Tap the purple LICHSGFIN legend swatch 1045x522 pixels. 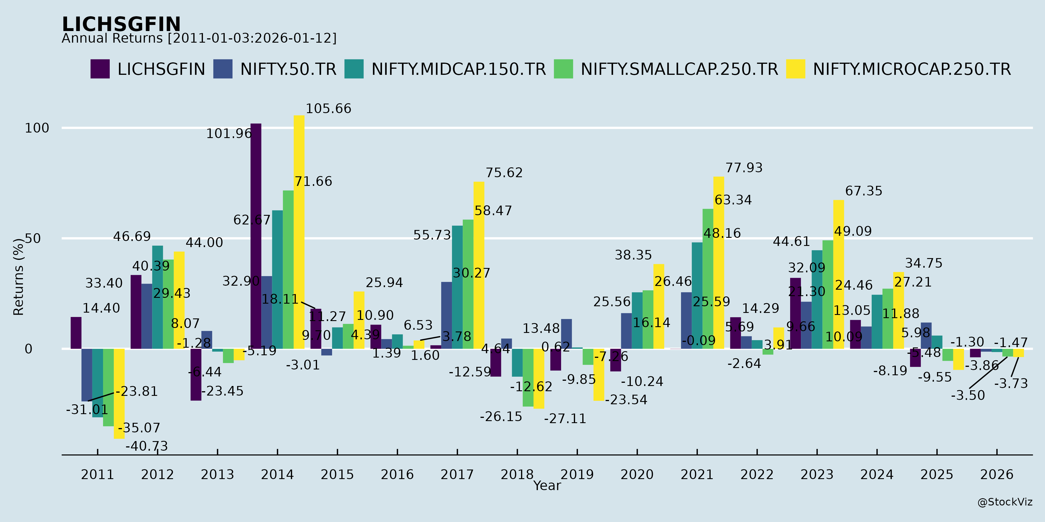point(100,69)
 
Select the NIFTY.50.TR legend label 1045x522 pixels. point(288,69)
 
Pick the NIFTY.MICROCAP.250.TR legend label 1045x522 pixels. point(911,69)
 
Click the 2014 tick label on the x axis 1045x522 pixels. point(277,474)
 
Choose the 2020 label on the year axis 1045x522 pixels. point(637,474)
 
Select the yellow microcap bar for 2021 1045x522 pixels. point(718,263)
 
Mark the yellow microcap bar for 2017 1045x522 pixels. point(479,265)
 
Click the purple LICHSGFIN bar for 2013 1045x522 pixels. point(196,374)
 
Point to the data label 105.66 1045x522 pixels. point(328,109)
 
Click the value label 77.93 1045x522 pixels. point(744,168)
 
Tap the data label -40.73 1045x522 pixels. point(147,446)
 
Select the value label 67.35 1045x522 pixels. point(863,191)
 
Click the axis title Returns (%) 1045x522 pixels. point(19,277)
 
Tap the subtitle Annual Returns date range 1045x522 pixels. point(199,39)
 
